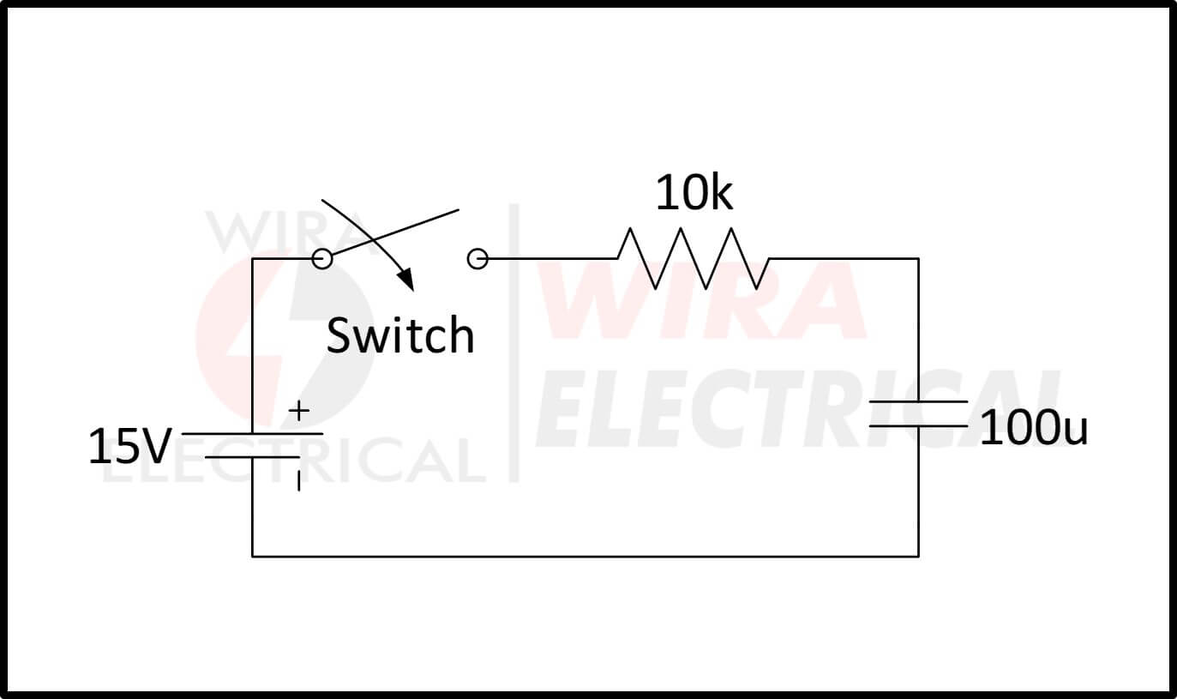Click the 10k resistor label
pyautogui.click(x=694, y=194)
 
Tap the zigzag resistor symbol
pyautogui.click(x=693, y=258)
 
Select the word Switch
pyautogui.click(x=400, y=335)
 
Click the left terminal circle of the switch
pyautogui.click(x=321, y=258)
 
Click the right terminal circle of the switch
pyautogui.click(x=477, y=258)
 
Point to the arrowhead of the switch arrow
pyautogui.click(x=405, y=280)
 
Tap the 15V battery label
pyautogui.click(x=129, y=448)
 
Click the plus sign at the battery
pyautogui.click(x=298, y=412)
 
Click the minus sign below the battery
pyautogui.click(x=298, y=483)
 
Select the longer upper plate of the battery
pyautogui.click(x=253, y=434)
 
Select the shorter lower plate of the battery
pyautogui.click(x=253, y=457)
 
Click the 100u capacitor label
pyautogui.click(x=1033, y=428)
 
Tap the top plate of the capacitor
pyautogui.click(x=918, y=401)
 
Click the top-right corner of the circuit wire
pyautogui.click(x=918, y=258)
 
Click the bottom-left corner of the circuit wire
pyautogui.click(x=253, y=556)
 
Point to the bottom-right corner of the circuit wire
pyautogui.click(x=918, y=556)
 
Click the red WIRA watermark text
pyautogui.click(x=703, y=300)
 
